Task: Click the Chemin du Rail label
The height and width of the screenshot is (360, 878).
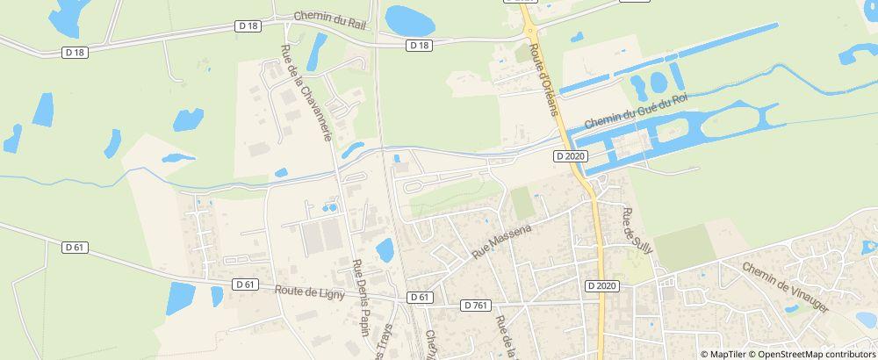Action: (329, 17)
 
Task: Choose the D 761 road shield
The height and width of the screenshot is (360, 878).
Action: (475, 305)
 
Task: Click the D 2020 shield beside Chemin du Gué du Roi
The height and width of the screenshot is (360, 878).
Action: (570, 155)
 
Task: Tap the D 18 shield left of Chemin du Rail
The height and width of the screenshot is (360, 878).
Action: (249, 27)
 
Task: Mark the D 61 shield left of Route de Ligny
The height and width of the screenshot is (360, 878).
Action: (245, 284)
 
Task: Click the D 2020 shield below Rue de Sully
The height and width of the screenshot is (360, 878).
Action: (601, 285)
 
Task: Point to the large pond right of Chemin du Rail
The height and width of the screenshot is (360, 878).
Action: (403, 18)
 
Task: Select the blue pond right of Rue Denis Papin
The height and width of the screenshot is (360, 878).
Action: (385, 250)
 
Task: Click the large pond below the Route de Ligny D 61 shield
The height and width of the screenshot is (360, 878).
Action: (181, 299)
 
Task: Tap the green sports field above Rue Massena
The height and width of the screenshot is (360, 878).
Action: (522, 204)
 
